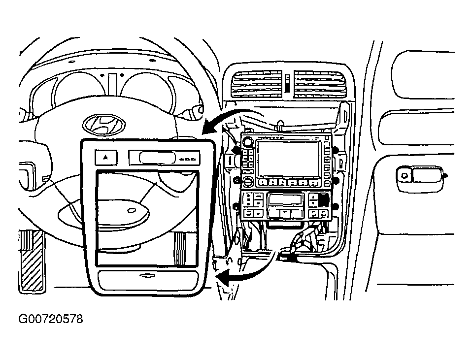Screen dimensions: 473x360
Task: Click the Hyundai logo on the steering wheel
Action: (x=104, y=125)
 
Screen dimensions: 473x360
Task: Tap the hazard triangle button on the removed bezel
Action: (x=106, y=158)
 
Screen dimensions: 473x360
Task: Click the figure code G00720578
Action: (x=51, y=319)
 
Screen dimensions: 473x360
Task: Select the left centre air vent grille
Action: (x=257, y=84)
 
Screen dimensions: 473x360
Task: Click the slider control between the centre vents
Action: (x=288, y=83)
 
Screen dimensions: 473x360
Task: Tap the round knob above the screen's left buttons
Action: (x=249, y=141)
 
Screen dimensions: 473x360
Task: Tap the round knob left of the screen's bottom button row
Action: (x=249, y=182)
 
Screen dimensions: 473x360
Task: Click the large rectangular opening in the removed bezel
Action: (x=147, y=218)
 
